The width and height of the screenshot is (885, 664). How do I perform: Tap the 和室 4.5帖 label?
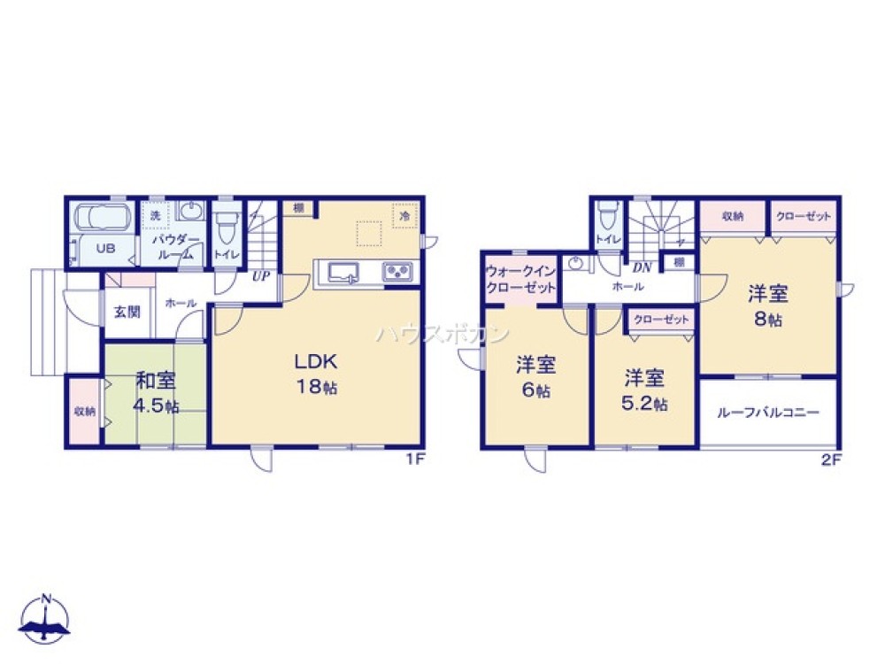[156, 393]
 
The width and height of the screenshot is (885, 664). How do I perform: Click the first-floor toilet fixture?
[227, 227]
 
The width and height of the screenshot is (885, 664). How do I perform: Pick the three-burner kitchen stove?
[397, 271]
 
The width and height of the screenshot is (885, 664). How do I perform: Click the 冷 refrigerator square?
[404, 215]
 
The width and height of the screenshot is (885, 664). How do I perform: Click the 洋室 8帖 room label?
[767, 305]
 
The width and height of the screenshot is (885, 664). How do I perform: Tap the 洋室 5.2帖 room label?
[644, 390]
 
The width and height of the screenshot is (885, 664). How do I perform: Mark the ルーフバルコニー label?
[767, 413]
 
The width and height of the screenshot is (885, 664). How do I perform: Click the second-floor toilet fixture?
[607, 218]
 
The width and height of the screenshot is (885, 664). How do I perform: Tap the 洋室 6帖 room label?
[535, 376]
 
